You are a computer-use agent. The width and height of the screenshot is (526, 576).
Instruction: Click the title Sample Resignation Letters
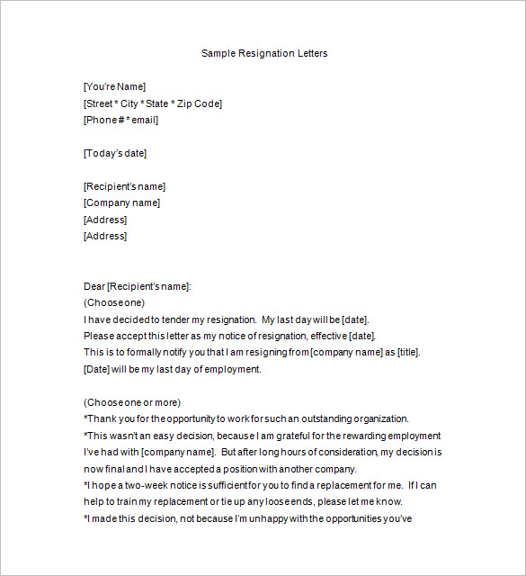tap(264, 53)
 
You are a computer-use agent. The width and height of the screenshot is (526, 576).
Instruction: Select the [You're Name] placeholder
tap(114, 86)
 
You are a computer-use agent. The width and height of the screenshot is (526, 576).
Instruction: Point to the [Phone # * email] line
tap(120, 120)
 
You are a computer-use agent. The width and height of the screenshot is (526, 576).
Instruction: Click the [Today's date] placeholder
tap(114, 153)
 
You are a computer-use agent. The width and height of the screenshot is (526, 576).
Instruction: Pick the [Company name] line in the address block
tap(121, 202)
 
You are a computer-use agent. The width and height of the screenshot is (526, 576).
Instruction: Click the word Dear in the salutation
tap(94, 286)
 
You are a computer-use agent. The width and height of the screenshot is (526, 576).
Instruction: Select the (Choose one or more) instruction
tap(132, 402)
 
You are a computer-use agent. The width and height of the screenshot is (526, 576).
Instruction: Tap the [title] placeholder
tap(407, 352)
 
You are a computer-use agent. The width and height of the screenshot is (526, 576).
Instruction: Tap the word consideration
tap(346, 452)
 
